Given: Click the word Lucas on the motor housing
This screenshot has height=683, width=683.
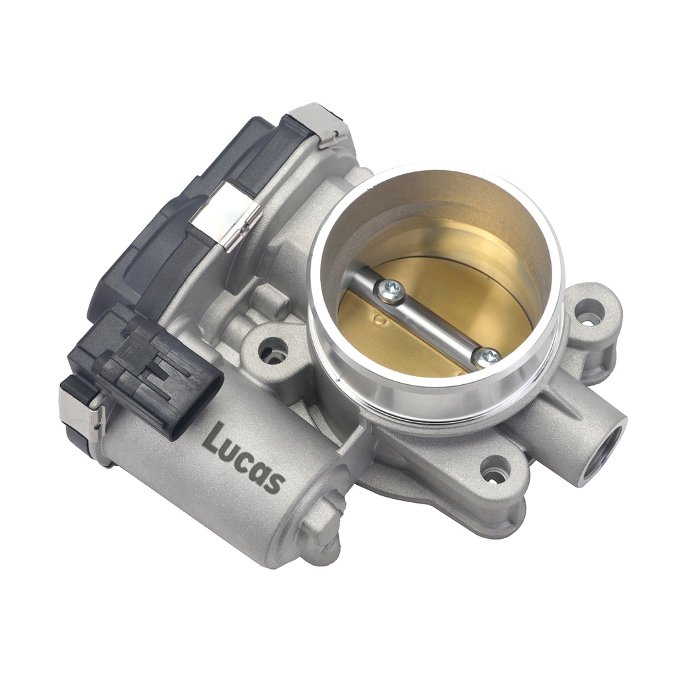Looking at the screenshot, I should coord(244,457).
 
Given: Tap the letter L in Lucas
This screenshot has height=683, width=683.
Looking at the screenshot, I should coord(213,437).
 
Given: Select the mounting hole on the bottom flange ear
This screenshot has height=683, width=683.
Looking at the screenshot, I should coord(495,471).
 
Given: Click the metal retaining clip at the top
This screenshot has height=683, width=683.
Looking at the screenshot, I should coord(327,127).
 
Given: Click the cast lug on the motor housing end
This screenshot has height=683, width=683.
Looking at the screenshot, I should coord(320,527).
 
